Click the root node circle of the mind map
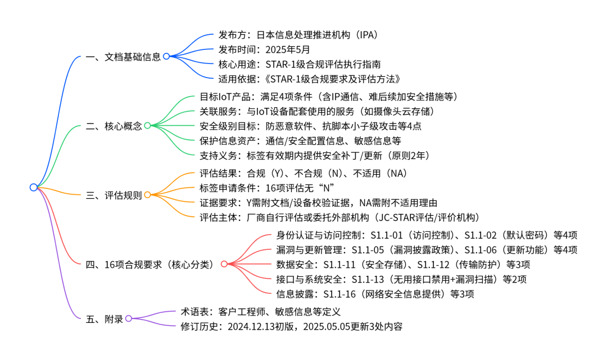point(34,188)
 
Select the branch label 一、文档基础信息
point(123,57)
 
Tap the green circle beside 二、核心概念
point(147,126)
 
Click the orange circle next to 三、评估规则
point(147,195)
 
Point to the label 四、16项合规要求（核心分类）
point(150,265)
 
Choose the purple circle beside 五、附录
point(129,318)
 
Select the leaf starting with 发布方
point(298,35)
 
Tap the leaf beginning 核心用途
point(300,64)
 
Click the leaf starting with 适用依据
point(309,79)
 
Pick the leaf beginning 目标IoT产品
point(329,97)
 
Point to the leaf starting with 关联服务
point(317,111)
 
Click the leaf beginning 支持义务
point(315,156)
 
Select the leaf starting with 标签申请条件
point(267,188)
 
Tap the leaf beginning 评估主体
point(340,217)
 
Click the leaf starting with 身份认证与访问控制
point(427,235)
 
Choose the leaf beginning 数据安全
point(403,265)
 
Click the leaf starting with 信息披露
point(375,294)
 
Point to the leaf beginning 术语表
point(261,312)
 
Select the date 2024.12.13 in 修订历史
point(251,326)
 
